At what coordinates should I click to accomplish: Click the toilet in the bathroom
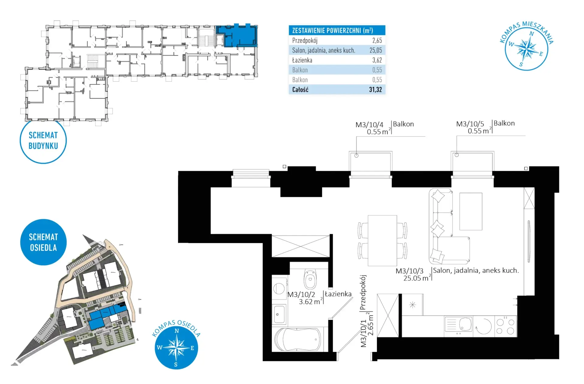click(x=310, y=278)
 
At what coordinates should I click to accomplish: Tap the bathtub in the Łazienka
click(x=298, y=339)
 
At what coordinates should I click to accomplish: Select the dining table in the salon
click(x=382, y=241)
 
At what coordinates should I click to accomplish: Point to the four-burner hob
click(x=505, y=326)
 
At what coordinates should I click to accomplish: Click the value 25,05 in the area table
click(x=376, y=50)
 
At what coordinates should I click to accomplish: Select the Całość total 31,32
click(x=375, y=90)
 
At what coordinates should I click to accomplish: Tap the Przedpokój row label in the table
click(x=305, y=41)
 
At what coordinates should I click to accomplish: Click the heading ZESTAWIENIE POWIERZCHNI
click(x=332, y=30)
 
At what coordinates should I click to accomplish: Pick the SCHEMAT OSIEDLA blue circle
click(x=43, y=242)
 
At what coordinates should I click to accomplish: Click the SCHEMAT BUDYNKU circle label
click(x=43, y=140)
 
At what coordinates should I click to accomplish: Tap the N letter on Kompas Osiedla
click(x=177, y=331)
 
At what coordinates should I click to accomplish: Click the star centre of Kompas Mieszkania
click(x=527, y=49)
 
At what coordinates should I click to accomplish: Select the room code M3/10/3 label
click(x=409, y=271)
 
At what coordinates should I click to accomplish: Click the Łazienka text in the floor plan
click(x=338, y=294)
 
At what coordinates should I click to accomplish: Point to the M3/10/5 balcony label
click(x=470, y=124)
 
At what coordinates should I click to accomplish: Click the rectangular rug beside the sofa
click(x=471, y=211)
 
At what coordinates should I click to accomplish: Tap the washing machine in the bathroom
click(x=279, y=288)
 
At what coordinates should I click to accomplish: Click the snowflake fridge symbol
click(x=412, y=305)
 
